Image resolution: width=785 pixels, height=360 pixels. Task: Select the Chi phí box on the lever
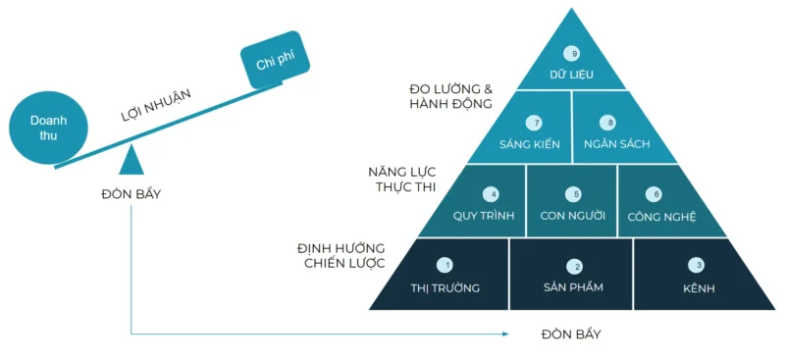coord(276,65)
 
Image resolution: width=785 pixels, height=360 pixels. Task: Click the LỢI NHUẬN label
coord(155,103)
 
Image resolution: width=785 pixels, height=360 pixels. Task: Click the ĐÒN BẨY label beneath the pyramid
coord(570,334)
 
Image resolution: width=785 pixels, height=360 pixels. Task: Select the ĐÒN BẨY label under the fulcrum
coord(131,193)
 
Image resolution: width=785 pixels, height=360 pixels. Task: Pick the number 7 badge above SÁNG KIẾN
coord(535,124)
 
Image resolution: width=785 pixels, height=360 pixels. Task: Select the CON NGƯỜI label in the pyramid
coord(573,216)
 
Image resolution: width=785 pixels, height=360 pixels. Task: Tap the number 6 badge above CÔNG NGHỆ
coord(655,194)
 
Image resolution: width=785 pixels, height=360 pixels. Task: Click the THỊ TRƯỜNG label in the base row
coord(445,288)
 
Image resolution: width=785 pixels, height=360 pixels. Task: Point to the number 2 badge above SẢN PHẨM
coord(577,266)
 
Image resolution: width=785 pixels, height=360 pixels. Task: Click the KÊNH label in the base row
coord(698,288)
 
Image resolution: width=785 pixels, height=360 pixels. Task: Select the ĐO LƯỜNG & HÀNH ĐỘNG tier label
coord(450,96)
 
